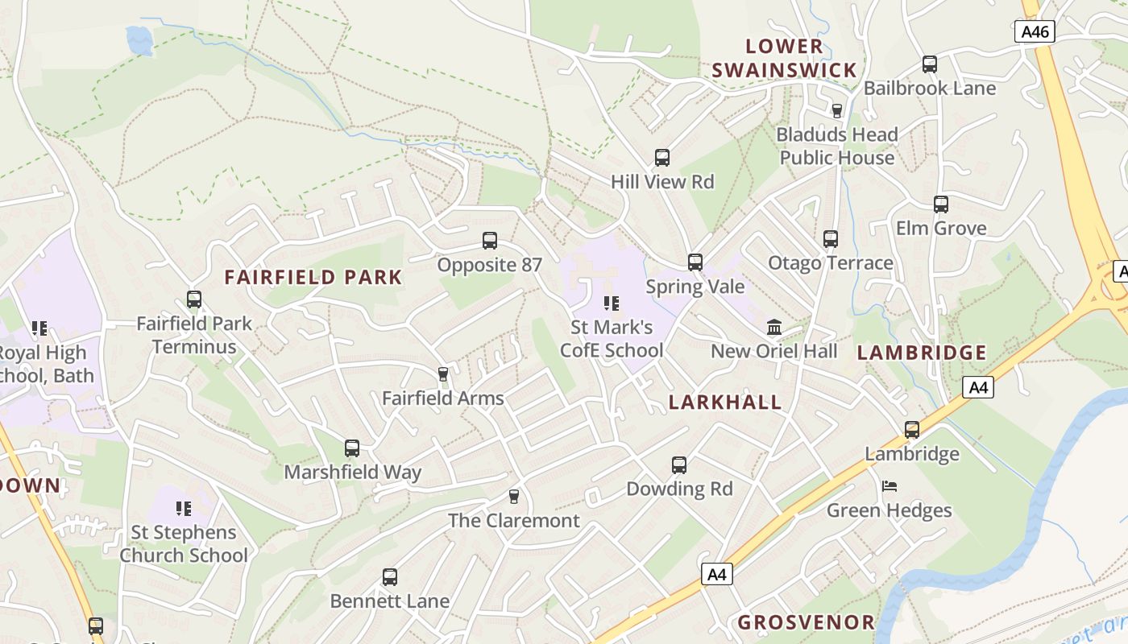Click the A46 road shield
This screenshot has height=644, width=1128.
point(1035,31)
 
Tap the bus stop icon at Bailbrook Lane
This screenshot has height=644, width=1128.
point(929,64)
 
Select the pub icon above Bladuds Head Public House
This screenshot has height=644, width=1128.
point(836,110)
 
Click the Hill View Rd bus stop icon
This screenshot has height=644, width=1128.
point(662,158)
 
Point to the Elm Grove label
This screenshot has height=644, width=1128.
point(941,229)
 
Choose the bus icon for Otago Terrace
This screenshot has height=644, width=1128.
point(831,239)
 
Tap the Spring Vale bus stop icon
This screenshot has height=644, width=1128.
point(695,262)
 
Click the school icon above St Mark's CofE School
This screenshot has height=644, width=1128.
point(612,303)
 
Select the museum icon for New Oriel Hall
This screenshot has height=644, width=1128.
point(774,327)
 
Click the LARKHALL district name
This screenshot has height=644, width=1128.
point(725,402)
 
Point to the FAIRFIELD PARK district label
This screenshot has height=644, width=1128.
point(313,278)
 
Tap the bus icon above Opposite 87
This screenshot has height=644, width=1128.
point(489,241)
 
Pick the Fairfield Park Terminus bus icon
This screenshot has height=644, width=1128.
point(193,299)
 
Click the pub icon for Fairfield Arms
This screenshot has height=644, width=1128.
point(442,374)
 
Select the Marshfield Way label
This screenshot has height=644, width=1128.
point(352,473)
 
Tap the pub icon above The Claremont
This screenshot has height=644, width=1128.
point(513,497)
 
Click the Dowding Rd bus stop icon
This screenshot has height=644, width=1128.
point(679,465)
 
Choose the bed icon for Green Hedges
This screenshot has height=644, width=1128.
point(890,486)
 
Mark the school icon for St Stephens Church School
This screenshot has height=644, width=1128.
point(184,508)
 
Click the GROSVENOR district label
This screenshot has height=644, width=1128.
point(806,622)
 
